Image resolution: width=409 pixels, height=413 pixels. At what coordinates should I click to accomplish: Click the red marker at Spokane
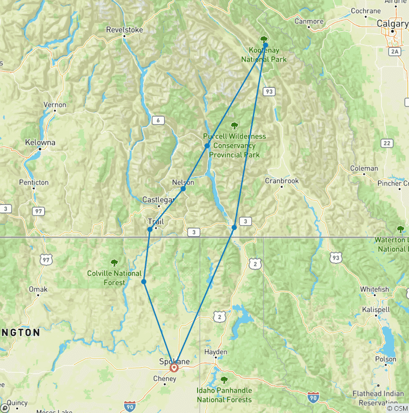[x=174, y=367]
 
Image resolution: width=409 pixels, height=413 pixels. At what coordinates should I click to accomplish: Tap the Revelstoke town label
[x=125, y=30]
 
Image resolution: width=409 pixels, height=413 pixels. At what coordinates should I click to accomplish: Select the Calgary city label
[x=392, y=23]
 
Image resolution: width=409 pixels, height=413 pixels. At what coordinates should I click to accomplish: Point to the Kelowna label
[x=40, y=143]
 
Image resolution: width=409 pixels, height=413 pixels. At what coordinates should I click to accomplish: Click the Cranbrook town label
[x=282, y=180]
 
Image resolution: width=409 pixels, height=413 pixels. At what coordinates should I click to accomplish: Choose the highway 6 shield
[x=158, y=121]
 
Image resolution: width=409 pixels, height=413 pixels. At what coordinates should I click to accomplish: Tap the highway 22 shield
[x=386, y=143]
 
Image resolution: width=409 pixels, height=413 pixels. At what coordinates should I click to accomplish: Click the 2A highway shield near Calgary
[x=395, y=51]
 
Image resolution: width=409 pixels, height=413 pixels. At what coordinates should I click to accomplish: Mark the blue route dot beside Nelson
[x=183, y=188]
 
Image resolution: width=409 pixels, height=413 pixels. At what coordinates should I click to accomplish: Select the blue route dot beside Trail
[x=150, y=229]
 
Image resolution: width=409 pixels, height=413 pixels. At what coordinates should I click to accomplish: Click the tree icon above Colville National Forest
[x=113, y=262]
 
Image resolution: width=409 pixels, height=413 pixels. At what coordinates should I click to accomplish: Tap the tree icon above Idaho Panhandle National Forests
[x=224, y=380]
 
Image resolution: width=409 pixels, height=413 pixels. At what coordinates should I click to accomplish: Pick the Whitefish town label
[x=374, y=289]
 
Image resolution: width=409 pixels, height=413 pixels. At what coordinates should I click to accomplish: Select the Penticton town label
[x=34, y=182]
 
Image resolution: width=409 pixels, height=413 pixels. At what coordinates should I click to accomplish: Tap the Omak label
[x=38, y=289]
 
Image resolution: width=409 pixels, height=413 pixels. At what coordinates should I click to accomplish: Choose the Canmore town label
[x=309, y=21]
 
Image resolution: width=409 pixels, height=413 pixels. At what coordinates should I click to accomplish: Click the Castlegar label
[x=158, y=200]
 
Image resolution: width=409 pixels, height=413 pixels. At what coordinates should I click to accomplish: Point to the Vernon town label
[x=55, y=105]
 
